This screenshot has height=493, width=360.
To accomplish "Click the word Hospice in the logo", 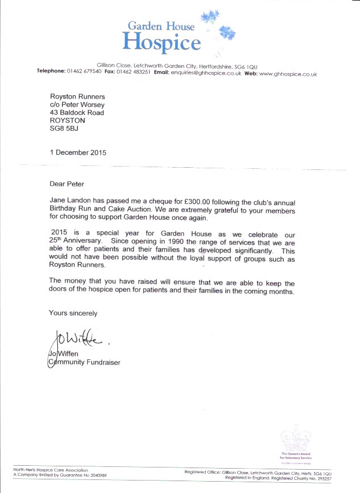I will [162, 42].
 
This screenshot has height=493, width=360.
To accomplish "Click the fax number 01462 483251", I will [134, 73].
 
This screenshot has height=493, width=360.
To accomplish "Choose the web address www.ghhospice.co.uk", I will [288, 74].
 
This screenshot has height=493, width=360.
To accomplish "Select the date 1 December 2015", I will [78, 152].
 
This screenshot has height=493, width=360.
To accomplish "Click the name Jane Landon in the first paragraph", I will [73, 202].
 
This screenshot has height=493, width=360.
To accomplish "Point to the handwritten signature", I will [77, 340].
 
